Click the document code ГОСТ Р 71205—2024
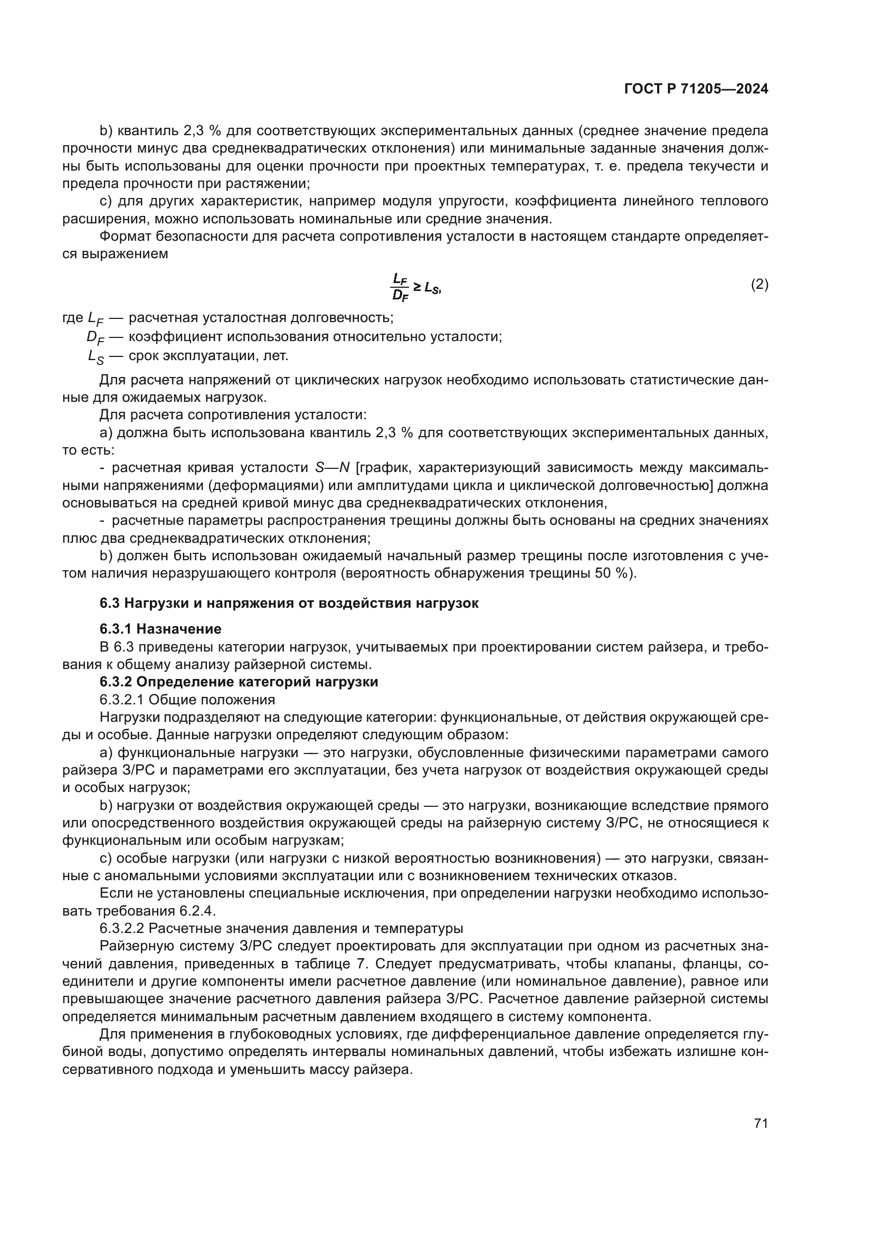696,89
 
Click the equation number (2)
760,284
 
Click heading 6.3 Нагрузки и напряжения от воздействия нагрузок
289,603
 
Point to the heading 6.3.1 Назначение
160,629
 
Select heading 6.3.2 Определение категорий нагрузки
239,682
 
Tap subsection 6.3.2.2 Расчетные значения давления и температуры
281,928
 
